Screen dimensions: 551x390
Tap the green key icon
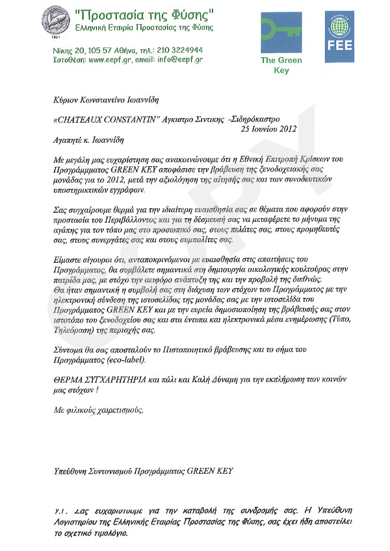pos(281,31)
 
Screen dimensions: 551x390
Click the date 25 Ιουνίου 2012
pos(268,129)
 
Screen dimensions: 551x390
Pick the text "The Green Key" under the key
pos(281,65)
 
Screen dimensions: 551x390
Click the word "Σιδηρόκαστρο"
pos(271,119)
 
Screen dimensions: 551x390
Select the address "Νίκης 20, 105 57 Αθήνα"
pos(92,49)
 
